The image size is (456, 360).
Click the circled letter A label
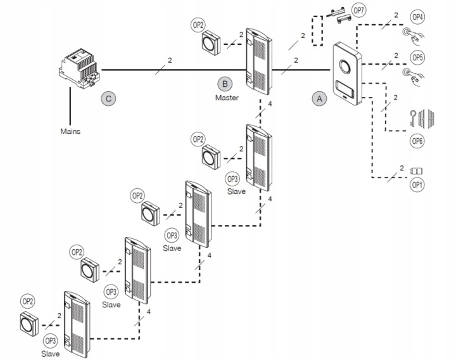click(319, 98)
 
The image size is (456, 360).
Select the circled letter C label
click(108, 98)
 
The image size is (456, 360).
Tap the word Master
click(226, 98)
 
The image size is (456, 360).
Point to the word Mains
click(70, 131)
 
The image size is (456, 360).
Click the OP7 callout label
click(358, 11)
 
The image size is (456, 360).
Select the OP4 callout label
click(417, 16)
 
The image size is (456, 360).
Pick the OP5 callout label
click(417, 57)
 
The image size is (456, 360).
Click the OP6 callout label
click(417, 141)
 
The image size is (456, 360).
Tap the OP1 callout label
click(417, 185)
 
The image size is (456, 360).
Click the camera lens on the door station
click(346, 66)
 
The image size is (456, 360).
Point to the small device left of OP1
click(417, 170)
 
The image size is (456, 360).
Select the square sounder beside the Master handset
click(210, 44)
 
